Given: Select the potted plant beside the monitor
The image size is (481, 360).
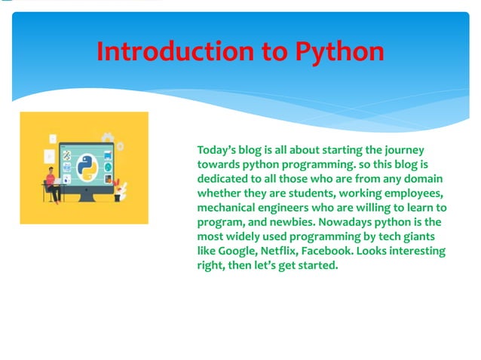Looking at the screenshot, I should click(x=124, y=189).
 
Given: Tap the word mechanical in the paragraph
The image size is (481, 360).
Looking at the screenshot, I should click(x=228, y=208).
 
